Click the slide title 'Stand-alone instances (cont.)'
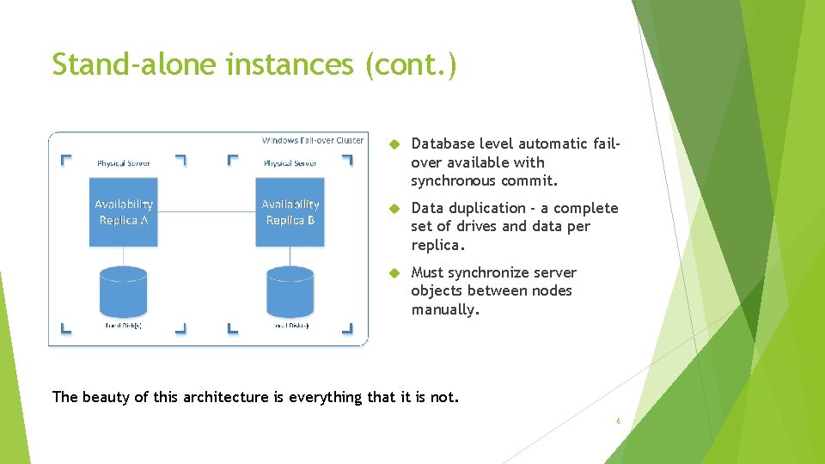tap(254, 64)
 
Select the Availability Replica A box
tap(124, 212)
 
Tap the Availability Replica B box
tap(290, 212)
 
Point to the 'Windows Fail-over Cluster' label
tap(312, 140)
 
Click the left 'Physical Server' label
tap(123, 163)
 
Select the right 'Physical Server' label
tap(290, 163)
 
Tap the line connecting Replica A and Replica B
tap(206, 211)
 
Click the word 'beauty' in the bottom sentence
tap(105, 397)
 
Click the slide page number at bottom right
tap(618, 421)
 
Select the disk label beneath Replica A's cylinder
tap(123, 326)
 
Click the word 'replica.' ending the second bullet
tap(437, 245)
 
